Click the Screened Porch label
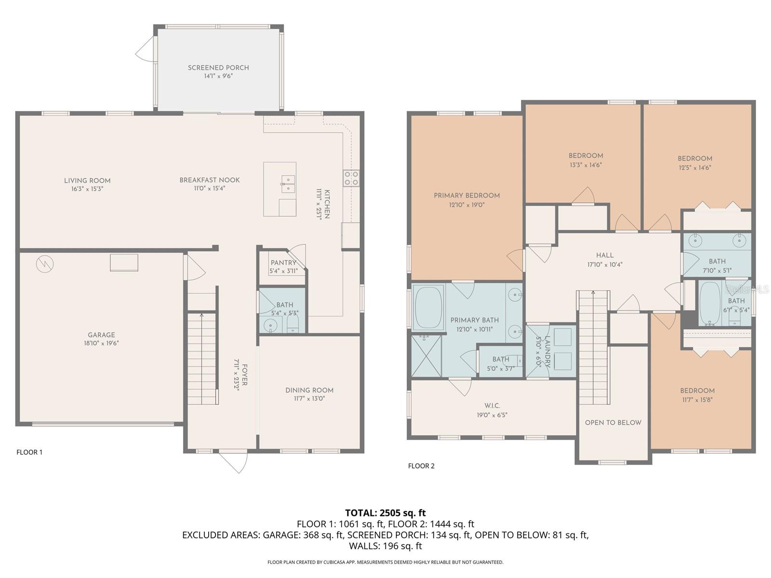click(218, 68)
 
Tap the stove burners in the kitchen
click(351, 178)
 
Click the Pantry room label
click(283, 263)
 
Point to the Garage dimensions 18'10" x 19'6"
click(101, 343)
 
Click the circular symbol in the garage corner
click(45, 263)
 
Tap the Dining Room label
click(309, 390)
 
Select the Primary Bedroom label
click(466, 196)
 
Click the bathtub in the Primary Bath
click(428, 308)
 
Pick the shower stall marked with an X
click(426, 355)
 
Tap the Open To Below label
click(613, 422)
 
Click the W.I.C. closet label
click(492, 406)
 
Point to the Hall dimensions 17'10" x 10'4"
click(605, 264)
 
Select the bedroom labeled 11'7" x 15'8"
click(697, 394)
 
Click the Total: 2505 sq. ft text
click(385, 513)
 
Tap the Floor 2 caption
click(421, 466)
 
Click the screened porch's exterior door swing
click(145, 49)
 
